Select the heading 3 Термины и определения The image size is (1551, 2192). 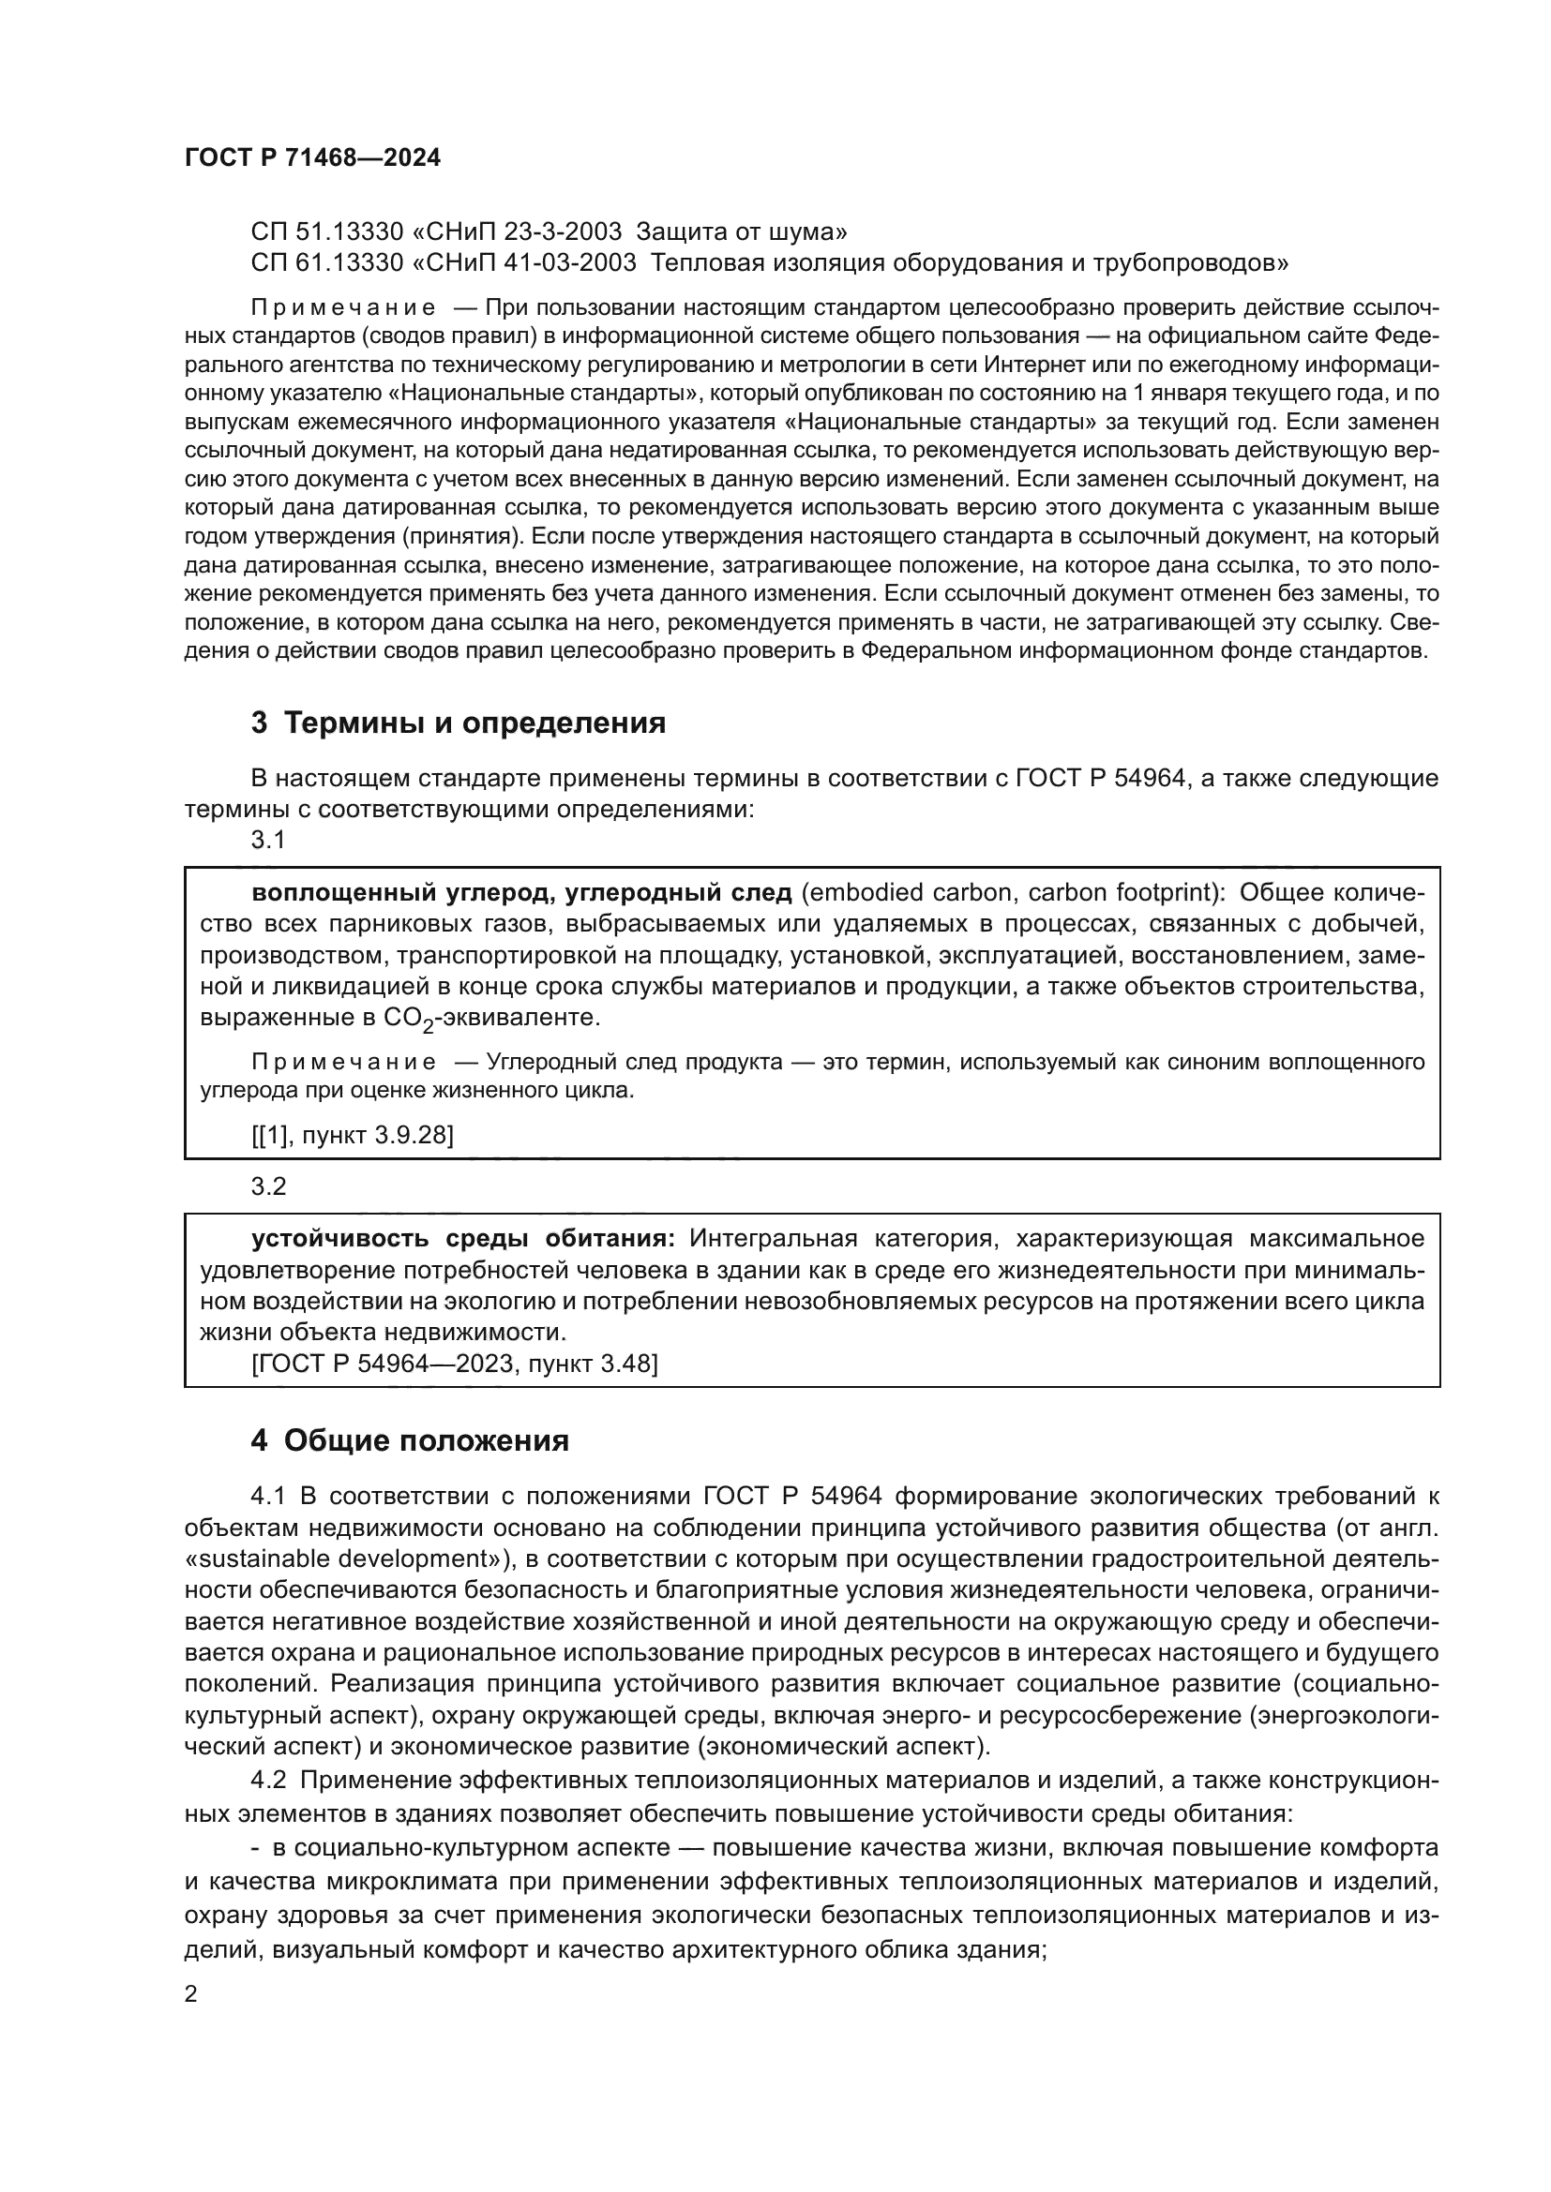pyautogui.click(x=459, y=723)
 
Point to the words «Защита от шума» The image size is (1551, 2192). pyautogui.click(x=741, y=231)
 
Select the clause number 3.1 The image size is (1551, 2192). pyautogui.click(x=268, y=840)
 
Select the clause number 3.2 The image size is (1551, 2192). pyautogui.click(x=268, y=1185)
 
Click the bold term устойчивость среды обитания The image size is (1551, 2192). pyautogui.click(x=463, y=1239)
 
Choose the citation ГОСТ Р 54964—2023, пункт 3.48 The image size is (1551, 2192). pyautogui.click(x=455, y=1364)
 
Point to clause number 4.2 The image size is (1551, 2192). pyautogui.click(x=269, y=1781)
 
